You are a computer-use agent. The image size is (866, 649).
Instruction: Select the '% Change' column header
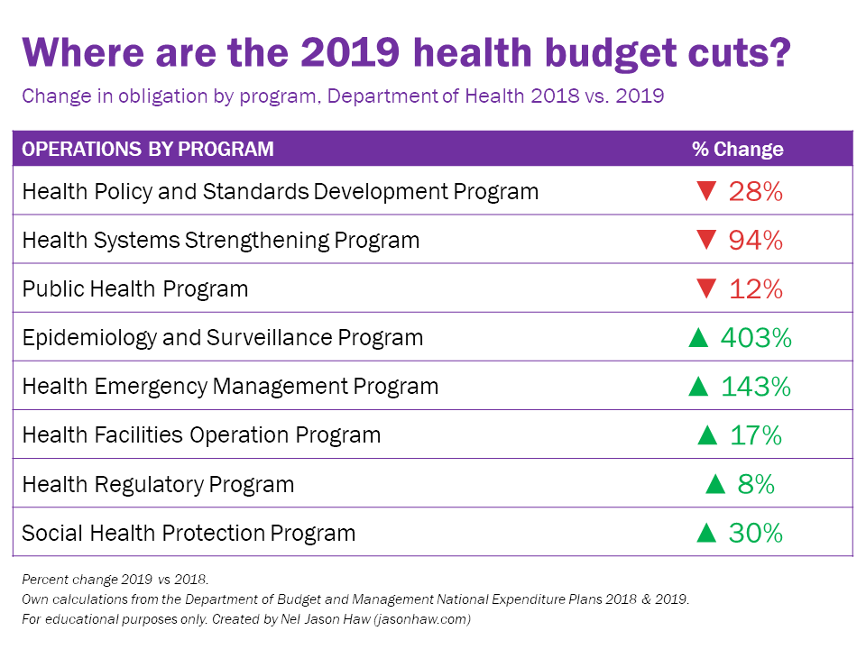pos(737,149)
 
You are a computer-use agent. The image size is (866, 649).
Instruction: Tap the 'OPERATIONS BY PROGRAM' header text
pos(148,149)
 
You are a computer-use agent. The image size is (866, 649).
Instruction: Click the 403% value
pos(756,338)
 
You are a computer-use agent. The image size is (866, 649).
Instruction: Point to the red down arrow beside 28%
pos(706,192)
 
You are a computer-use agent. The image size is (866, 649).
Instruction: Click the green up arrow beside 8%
pos(715,484)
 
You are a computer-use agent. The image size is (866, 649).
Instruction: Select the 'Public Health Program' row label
pos(134,289)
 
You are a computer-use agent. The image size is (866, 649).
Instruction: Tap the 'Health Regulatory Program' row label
pos(158,484)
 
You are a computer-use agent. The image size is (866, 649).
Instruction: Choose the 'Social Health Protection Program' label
pos(189,533)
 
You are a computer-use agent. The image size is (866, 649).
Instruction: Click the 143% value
pos(756,387)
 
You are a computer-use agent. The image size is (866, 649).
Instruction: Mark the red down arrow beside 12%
pos(706,289)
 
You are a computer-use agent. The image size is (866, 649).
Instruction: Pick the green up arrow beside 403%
pos(698,338)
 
